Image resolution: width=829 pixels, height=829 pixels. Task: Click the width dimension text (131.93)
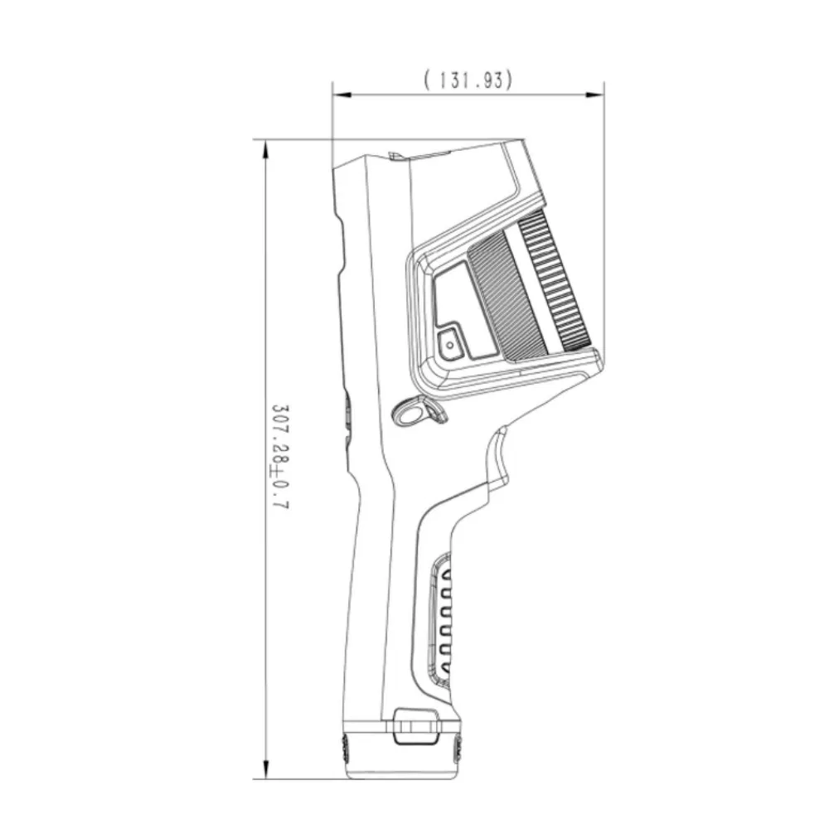click(468, 80)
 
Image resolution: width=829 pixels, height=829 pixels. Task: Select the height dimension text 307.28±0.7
click(279, 457)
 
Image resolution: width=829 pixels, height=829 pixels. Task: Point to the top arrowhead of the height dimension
click(265, 148)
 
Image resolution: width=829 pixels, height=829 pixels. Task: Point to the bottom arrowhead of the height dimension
click(265, 771)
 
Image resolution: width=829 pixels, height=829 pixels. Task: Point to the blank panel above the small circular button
click(451, 294)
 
